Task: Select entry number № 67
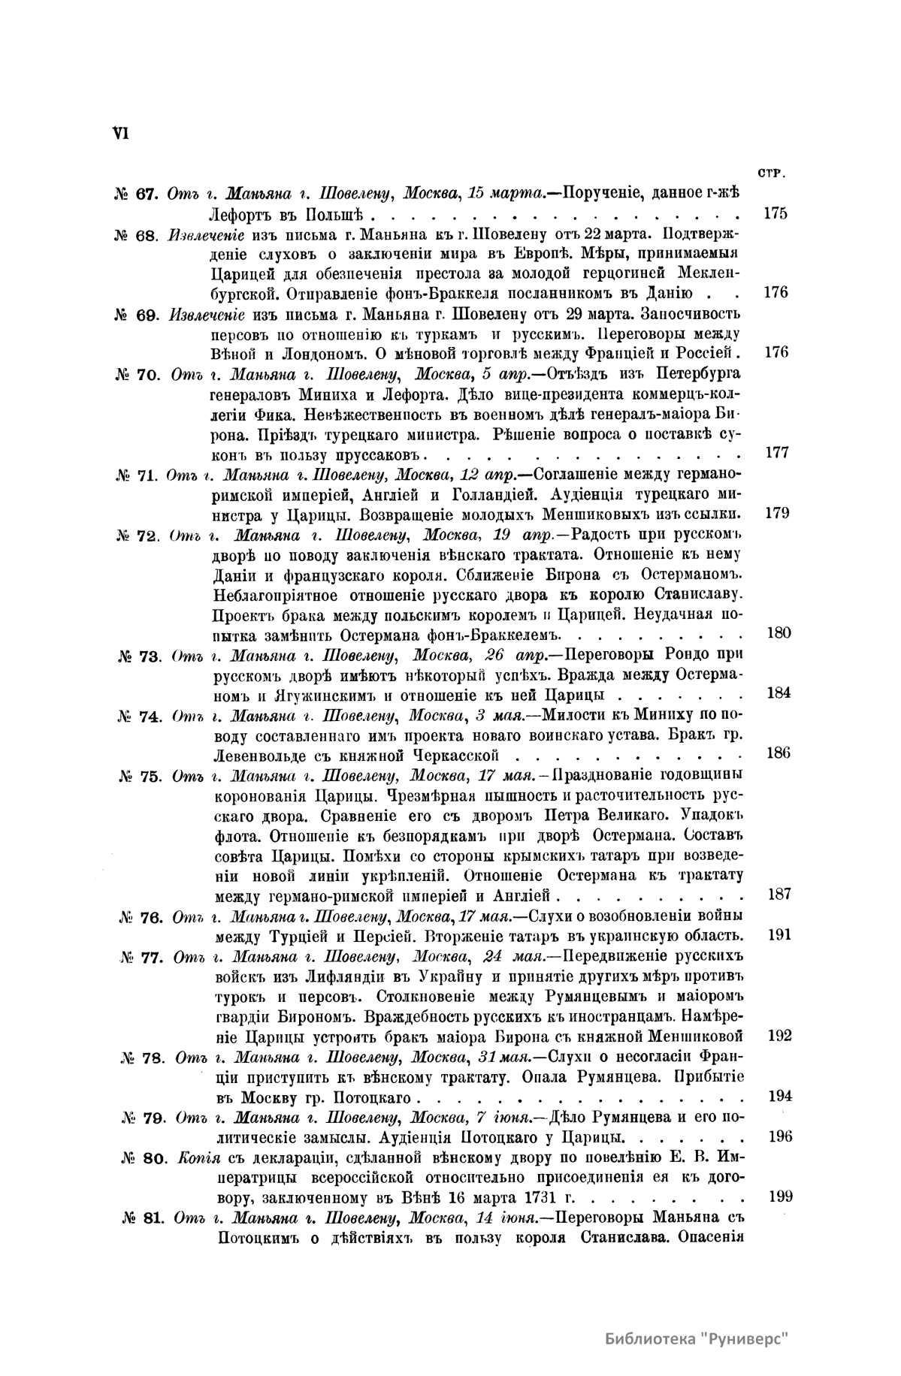coord(135,194)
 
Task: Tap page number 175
coord(775,213)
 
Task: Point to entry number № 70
coord(136,374)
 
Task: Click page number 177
coord(776,454)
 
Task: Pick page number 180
coord(777,632)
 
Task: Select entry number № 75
coord(141,776)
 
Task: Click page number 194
coord(780,1096)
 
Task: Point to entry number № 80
coord(141,1157)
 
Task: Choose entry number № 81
coord(142,1218)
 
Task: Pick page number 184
coord(779,693)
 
